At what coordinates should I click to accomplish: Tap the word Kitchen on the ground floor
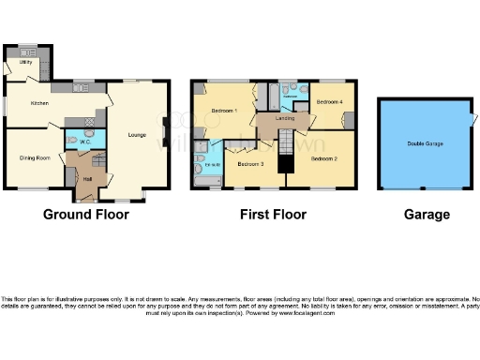point(39,102)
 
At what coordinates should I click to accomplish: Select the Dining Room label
point(36,158)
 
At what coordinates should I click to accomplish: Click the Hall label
point(87,178)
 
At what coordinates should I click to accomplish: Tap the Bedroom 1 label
point(223,112)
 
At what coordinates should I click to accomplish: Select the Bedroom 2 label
point(323,158)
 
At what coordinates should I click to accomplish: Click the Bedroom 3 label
point(250,164)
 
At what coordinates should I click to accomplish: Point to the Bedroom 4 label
point(327,101)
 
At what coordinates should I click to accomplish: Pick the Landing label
point(285,118)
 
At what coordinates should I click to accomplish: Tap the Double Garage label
point(425,143)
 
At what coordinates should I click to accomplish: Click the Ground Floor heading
point(86,215)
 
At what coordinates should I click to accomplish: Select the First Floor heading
point(273,215)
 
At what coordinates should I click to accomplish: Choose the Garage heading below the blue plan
point(427,215)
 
